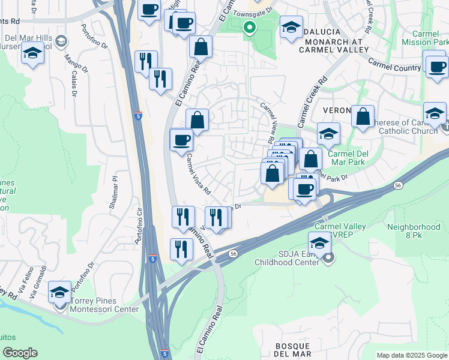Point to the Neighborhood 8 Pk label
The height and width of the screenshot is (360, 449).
pyautogui.click(x=414, y=232)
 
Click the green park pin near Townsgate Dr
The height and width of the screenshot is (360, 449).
pyautogui.click(x=249, y=27)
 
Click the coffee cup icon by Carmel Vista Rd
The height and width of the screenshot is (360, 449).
pyautogui.click(x=182, y=141)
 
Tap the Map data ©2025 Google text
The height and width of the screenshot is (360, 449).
pyautogui.click(x=411, y=355)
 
